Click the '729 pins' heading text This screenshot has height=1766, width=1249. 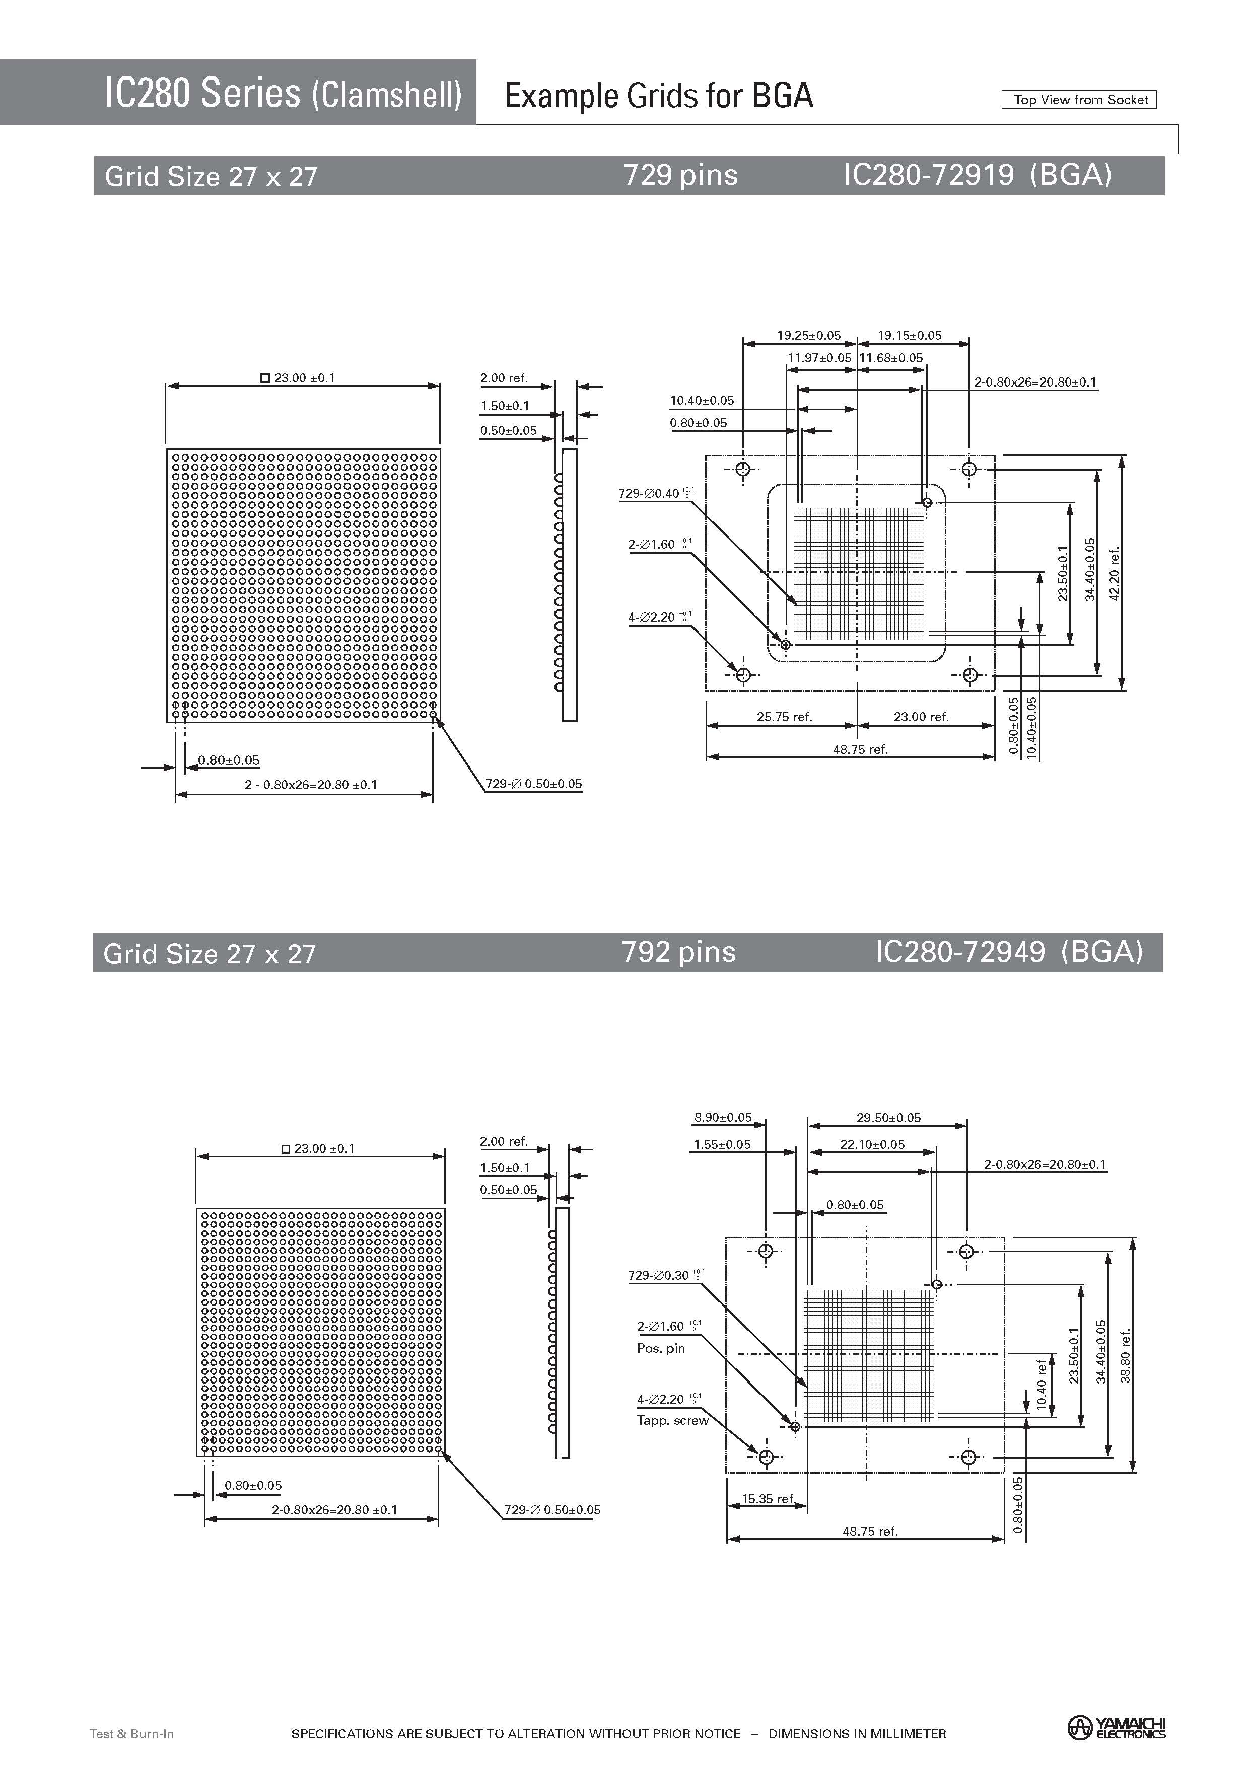tap(680, 175)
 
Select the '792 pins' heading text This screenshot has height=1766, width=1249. tap(679, 952)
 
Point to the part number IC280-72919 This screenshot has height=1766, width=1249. tap(929, 175)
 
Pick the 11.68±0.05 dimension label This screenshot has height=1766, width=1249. tap(891, 358)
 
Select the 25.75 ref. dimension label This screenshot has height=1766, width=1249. tap(784, 717)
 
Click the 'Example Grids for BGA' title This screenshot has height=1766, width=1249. tap(659, 96)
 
